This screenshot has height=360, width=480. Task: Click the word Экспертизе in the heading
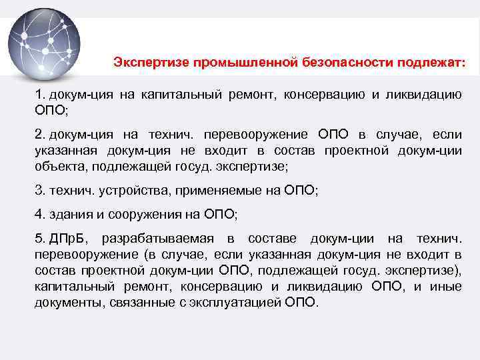pyautogui.click(x=150, y=63)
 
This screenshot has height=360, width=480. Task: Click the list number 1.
pyautogui.click(x=39, y=95)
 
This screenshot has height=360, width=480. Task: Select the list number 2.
pyautogui.click(x=39, y=135)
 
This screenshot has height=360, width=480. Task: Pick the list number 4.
pyautogui.click(x=39, y=214)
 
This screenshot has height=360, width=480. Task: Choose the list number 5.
pyautogui.click(x=39, y=238)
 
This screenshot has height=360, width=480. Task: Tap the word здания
pyautogui.click(x=70, y=214)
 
